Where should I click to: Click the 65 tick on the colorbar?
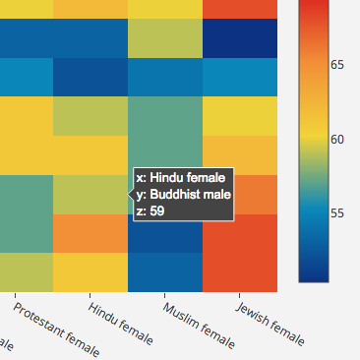pyautogui.click(x=337, y=65)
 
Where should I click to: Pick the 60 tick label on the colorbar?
pyautogui.click(x=337, y=139)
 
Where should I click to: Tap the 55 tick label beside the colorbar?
pyautogui.click(x=337, y=213)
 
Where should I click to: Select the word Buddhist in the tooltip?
pyautogui.click(x=179, y=194)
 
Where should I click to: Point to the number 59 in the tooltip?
pyautogui.click(x=156, y=210)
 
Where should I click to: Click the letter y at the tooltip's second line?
pyautogui.click(x=141, y=194)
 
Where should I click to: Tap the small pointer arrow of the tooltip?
pyautogui.click(x=130, y=195)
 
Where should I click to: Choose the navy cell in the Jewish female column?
pyautogui.click(x=240, y=37)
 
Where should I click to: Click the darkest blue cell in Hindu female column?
pyautogui.click(x=90, y=77)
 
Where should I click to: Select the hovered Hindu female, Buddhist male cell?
pyautogui.click(x=90, y=195)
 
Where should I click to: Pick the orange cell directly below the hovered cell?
pyautogui.click(x=90, y=233)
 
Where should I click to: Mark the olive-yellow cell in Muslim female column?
pyautogui.click(x=165, y=37)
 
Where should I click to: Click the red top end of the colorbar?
pyautogui.click(x=313, y=8)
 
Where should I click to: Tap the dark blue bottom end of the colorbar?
pyautogui.click(x=313, y=275)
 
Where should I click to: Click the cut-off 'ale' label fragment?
pyautogui.click(x=7, y=344)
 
